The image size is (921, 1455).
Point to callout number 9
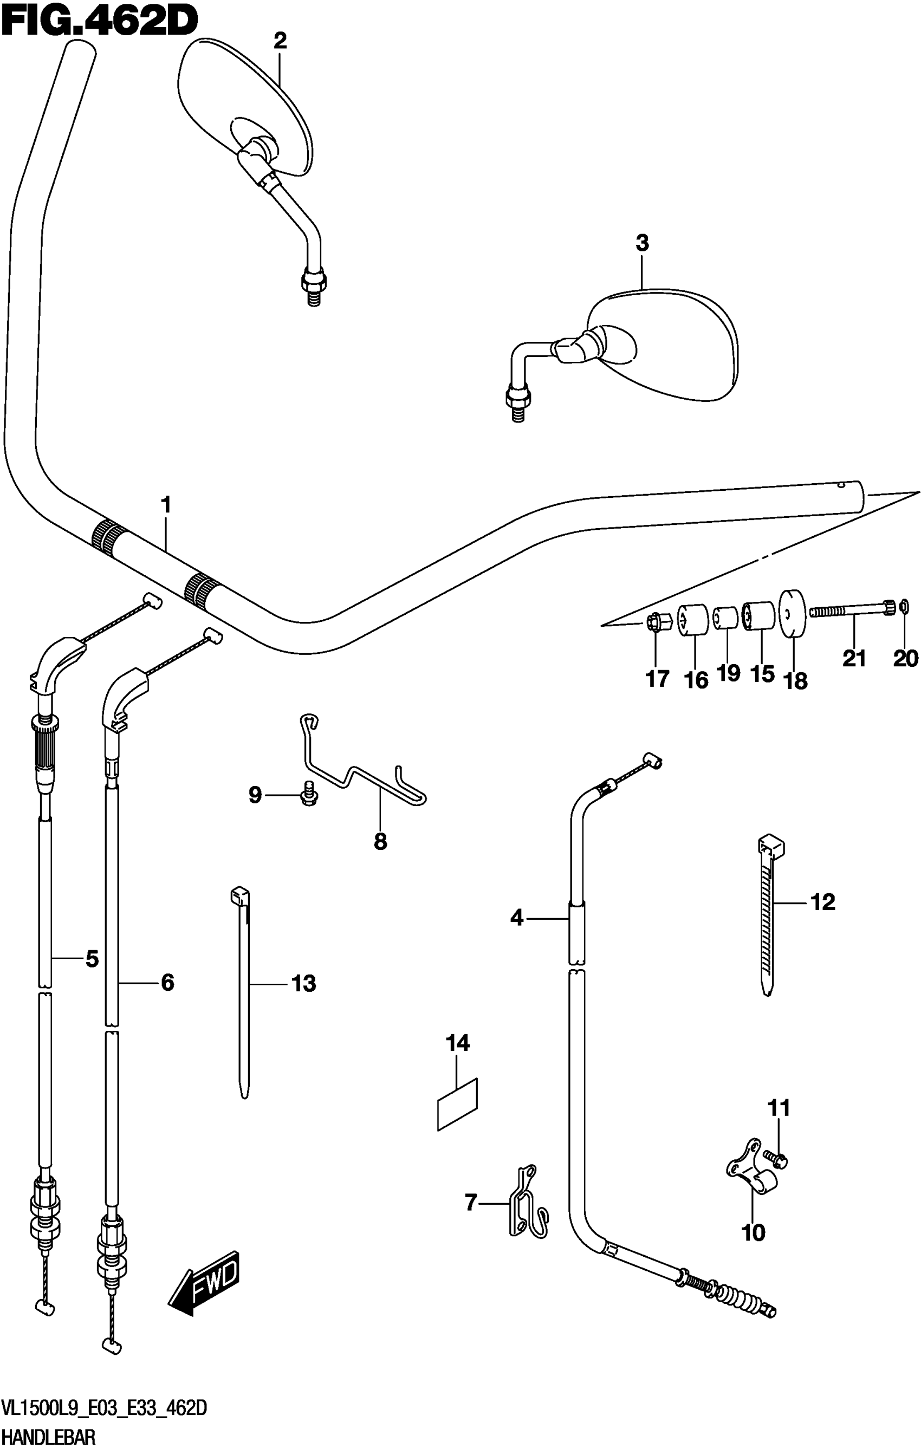[255, 795]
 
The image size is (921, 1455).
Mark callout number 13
[304, 984]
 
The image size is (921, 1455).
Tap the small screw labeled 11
[778, 1158]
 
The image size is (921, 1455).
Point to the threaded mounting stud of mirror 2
[313, 294]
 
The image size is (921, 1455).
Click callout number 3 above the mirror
[642, 244]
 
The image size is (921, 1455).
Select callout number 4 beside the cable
[517, 918]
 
